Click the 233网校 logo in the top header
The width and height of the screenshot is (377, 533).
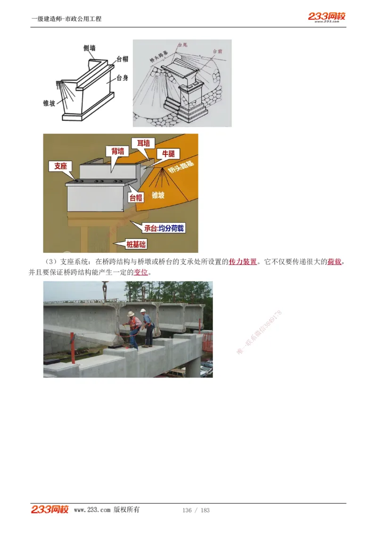(327, 17)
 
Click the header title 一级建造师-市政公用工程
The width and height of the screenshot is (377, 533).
(66, 19)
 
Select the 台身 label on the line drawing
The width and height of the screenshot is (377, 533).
(122, 78)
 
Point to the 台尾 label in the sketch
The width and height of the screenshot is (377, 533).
(182, 45)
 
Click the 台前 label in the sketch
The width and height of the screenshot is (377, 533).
(218, 51)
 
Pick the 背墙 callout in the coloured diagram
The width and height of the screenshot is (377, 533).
(118, 151)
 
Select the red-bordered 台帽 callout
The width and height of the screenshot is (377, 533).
(136, 198)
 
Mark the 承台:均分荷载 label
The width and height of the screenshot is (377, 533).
(164, 228)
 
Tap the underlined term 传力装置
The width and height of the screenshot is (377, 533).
(243, 262)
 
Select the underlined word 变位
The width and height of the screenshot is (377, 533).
(141, 273)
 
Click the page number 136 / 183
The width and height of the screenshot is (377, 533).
(196, 510)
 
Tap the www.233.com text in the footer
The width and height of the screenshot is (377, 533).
(92, 510)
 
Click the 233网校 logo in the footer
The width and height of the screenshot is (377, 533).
(50, 509)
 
